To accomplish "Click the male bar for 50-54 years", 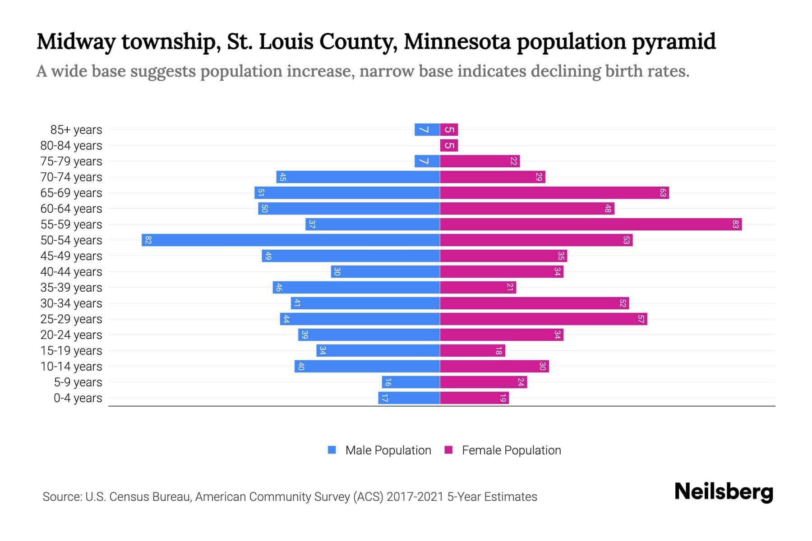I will point(291,240).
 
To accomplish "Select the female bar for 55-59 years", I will point(591,224).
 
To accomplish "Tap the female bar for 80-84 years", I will point(449,145).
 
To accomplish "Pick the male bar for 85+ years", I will point(427,129).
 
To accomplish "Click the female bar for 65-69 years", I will point(554,193).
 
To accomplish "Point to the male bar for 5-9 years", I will point(411,382).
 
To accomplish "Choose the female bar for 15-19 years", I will point(472,350).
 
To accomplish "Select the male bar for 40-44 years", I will point(385,271).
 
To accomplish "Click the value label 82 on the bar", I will point(148,240).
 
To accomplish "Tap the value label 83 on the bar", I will point(735,224).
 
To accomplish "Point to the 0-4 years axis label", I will point(78,398).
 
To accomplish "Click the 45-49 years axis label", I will point(71,256).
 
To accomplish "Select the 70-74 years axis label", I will point(71,177).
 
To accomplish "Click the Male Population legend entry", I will point(388,450).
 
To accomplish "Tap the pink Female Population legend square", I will point(448,450).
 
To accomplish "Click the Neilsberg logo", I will point(724,492).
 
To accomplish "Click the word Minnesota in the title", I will point(457,42).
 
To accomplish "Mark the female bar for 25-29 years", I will point(543,319).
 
